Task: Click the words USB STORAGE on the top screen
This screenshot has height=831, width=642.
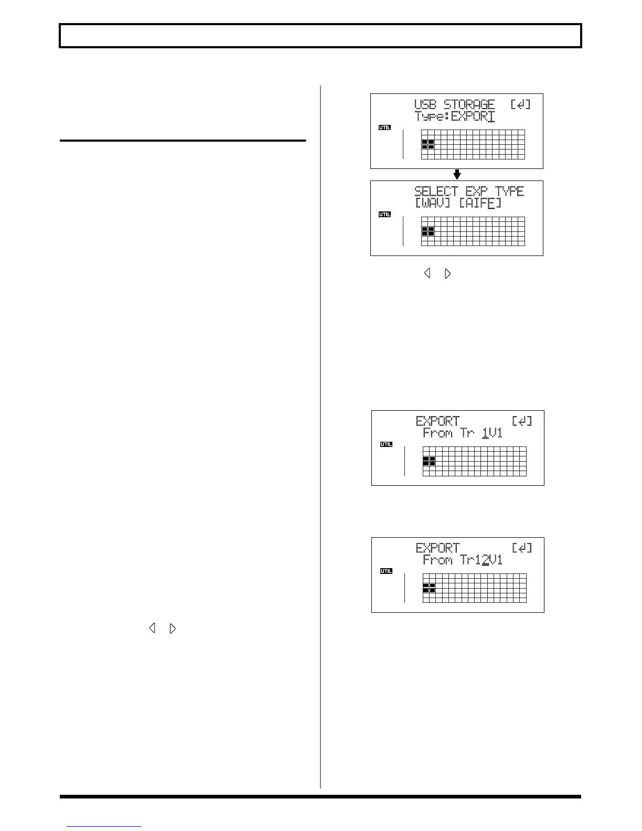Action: [454, 104]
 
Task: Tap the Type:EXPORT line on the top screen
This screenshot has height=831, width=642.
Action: [454, 116]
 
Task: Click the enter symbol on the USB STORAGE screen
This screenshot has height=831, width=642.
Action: [520, 104]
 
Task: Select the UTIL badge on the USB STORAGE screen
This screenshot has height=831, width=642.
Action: [384, 127]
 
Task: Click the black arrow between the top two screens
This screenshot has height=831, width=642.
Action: [457, 174]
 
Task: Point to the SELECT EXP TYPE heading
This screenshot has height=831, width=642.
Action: [469, 191]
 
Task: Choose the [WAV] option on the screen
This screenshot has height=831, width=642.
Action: [433, 204]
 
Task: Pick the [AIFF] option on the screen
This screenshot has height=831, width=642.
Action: [480, 204]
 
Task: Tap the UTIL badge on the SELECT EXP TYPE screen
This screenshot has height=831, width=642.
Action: [384, 215]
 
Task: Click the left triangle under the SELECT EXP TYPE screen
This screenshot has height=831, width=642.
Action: [427, 273]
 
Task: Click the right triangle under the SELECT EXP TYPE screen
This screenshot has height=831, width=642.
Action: [447, 273]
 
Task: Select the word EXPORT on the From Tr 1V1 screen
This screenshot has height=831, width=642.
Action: [437, 421]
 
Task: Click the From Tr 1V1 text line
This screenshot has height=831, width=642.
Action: [462, 433]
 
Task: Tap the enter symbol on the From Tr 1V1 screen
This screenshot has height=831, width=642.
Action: [521, 421]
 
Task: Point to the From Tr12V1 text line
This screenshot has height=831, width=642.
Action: [462, 560]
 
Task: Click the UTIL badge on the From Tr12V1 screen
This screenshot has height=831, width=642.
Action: [386, 571]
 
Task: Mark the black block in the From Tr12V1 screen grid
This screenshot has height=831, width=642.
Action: [429, 588]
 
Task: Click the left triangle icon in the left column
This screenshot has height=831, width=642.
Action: [152, 628]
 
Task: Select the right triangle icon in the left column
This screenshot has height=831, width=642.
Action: [173, 628]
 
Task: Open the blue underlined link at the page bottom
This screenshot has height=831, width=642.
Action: [104, 827]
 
